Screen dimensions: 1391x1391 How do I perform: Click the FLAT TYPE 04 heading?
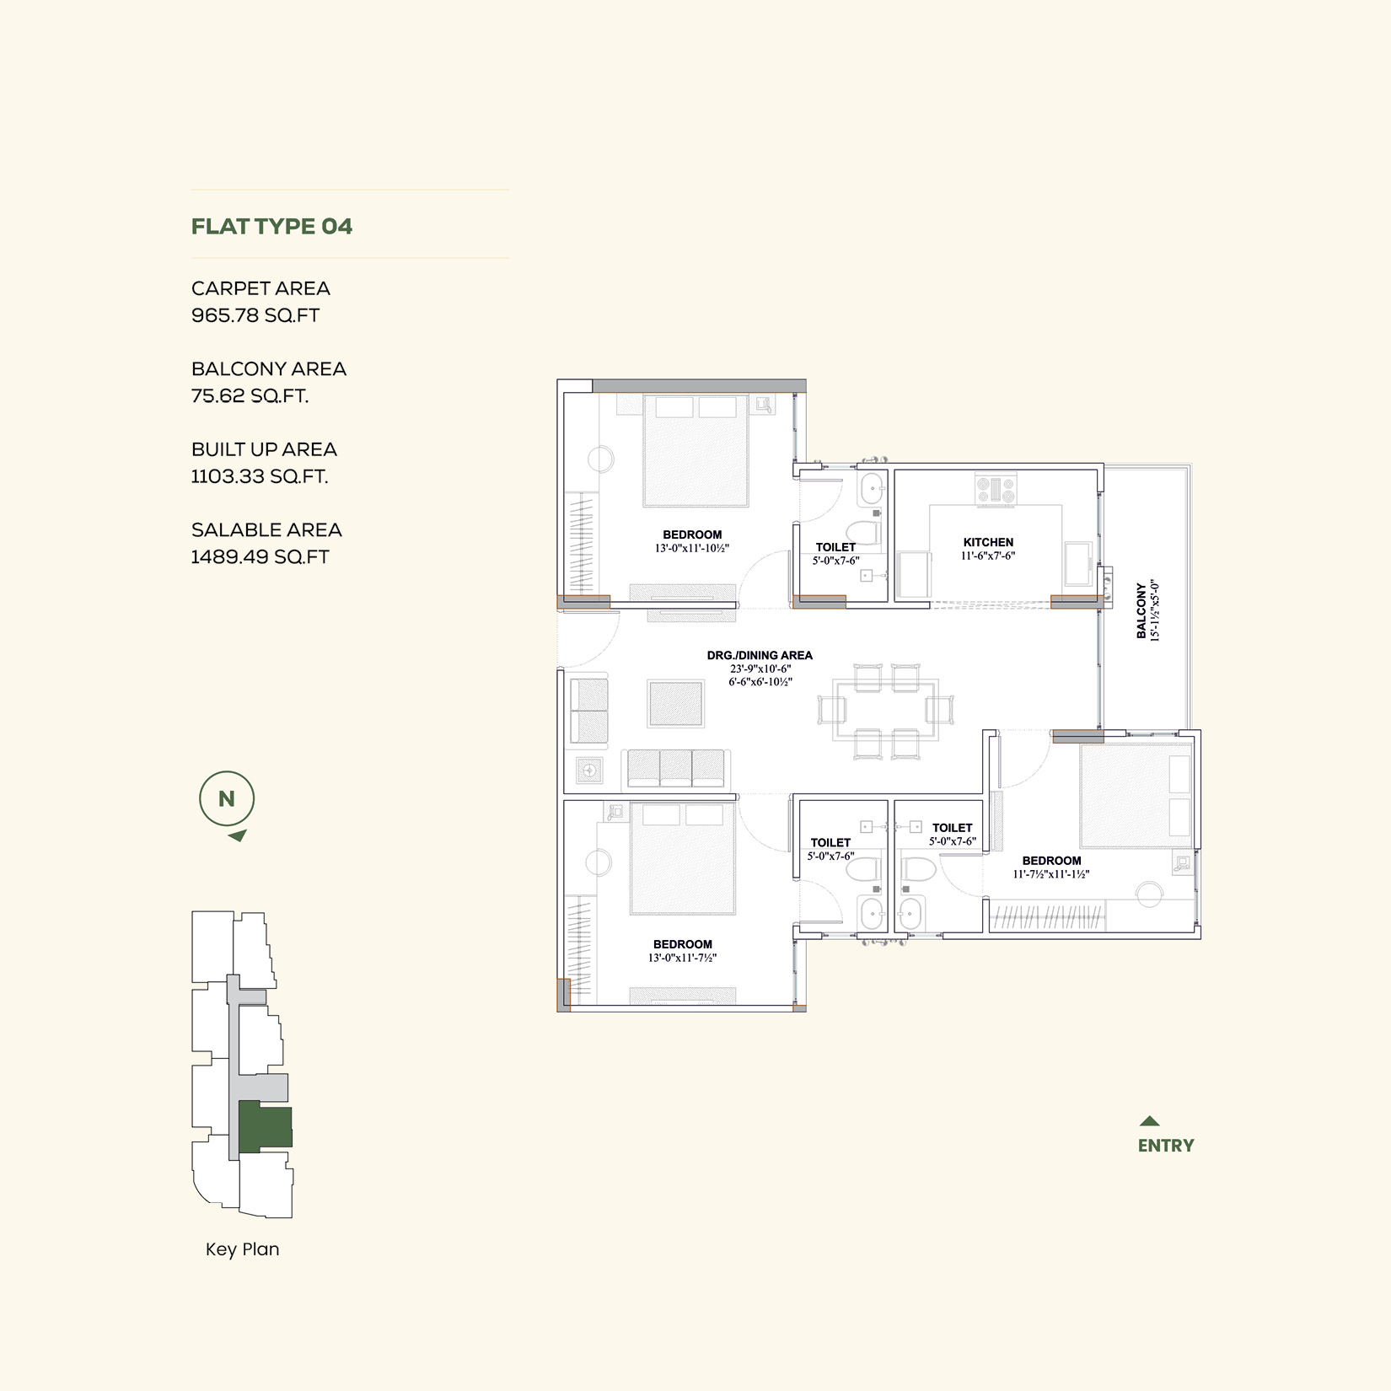tap(271, 227)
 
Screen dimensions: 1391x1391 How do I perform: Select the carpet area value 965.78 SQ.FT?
tap(255, 315)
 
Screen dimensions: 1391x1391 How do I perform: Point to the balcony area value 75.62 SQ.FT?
tap(250, 396)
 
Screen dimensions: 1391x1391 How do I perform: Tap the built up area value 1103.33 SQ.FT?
tap(260, 476)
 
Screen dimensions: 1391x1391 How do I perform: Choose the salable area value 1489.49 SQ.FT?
tap(260, 557)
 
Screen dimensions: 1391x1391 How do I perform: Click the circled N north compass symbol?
tap(227, 798)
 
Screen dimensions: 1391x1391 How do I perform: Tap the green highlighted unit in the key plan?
tap(264, 1126)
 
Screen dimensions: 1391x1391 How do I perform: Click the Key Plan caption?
tap(243, 1249)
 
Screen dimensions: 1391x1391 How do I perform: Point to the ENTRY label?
tap(1166, 1146)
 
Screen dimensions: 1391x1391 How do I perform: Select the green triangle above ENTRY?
tap(1149, 1121)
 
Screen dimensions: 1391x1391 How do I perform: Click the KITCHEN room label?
tap(989, 542)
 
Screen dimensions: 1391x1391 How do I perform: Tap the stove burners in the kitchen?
tap(996, 491)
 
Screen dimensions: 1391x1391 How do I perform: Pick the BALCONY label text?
tap(1141, 611)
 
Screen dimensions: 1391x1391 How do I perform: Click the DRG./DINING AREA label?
tap(760, 655)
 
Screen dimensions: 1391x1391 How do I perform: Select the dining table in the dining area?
tap(885, 710)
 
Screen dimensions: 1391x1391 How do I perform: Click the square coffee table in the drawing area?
tap(675, 704)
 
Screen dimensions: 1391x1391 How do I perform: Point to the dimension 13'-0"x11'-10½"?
tap(692, 548)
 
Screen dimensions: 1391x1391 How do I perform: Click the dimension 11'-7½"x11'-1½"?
tap(1051, 874)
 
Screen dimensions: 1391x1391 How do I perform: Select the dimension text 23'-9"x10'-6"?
tap(760, 669)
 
